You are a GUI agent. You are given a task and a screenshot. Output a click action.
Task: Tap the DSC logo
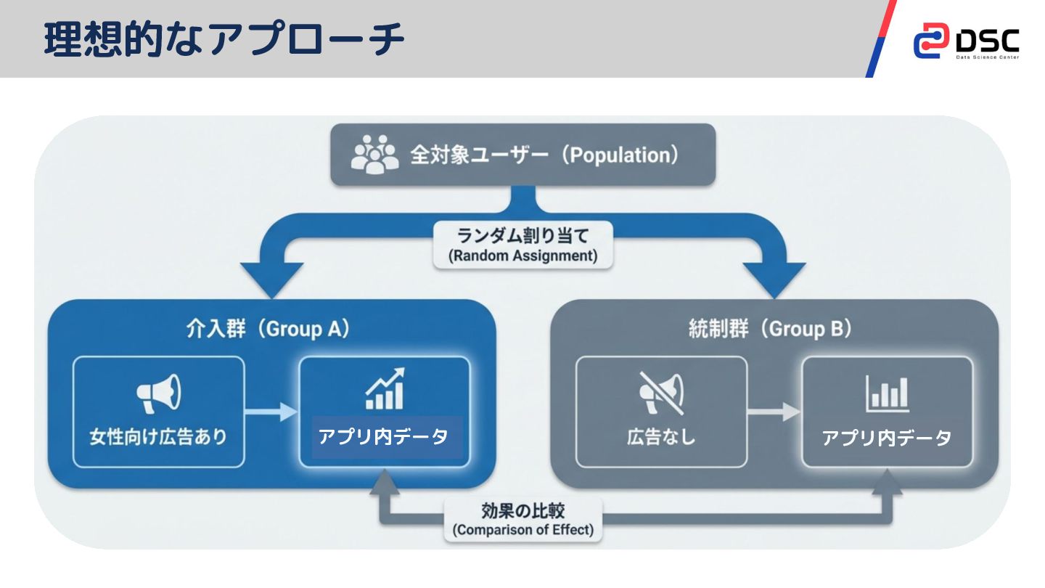click(x=966, y=41)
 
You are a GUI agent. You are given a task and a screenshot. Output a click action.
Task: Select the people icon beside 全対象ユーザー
click(x=374, y=155)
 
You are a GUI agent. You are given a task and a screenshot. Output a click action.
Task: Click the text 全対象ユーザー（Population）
click(x=545, y=155)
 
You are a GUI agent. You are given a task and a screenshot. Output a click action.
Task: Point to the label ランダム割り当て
click(x=523, y=236)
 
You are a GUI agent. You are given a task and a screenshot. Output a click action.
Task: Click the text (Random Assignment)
click(x=523, y=256)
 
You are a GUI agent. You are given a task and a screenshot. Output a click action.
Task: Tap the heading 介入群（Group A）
click(x=269, y=330)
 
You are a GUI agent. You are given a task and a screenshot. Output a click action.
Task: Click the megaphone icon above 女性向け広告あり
click(x=159, y=393)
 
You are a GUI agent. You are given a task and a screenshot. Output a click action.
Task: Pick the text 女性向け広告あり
click(x=158, y=437)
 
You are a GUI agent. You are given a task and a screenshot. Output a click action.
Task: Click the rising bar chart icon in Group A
click(x=385, y=389)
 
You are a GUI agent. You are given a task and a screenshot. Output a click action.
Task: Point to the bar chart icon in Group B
click(x=887, y=393)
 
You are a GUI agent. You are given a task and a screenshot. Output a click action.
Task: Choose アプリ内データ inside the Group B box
click(x=887, y=438)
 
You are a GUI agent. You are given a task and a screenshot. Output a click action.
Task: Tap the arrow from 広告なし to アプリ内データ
click(x=774, y=412)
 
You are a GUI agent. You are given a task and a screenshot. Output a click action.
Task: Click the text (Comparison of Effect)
click(x=522, y=529)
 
